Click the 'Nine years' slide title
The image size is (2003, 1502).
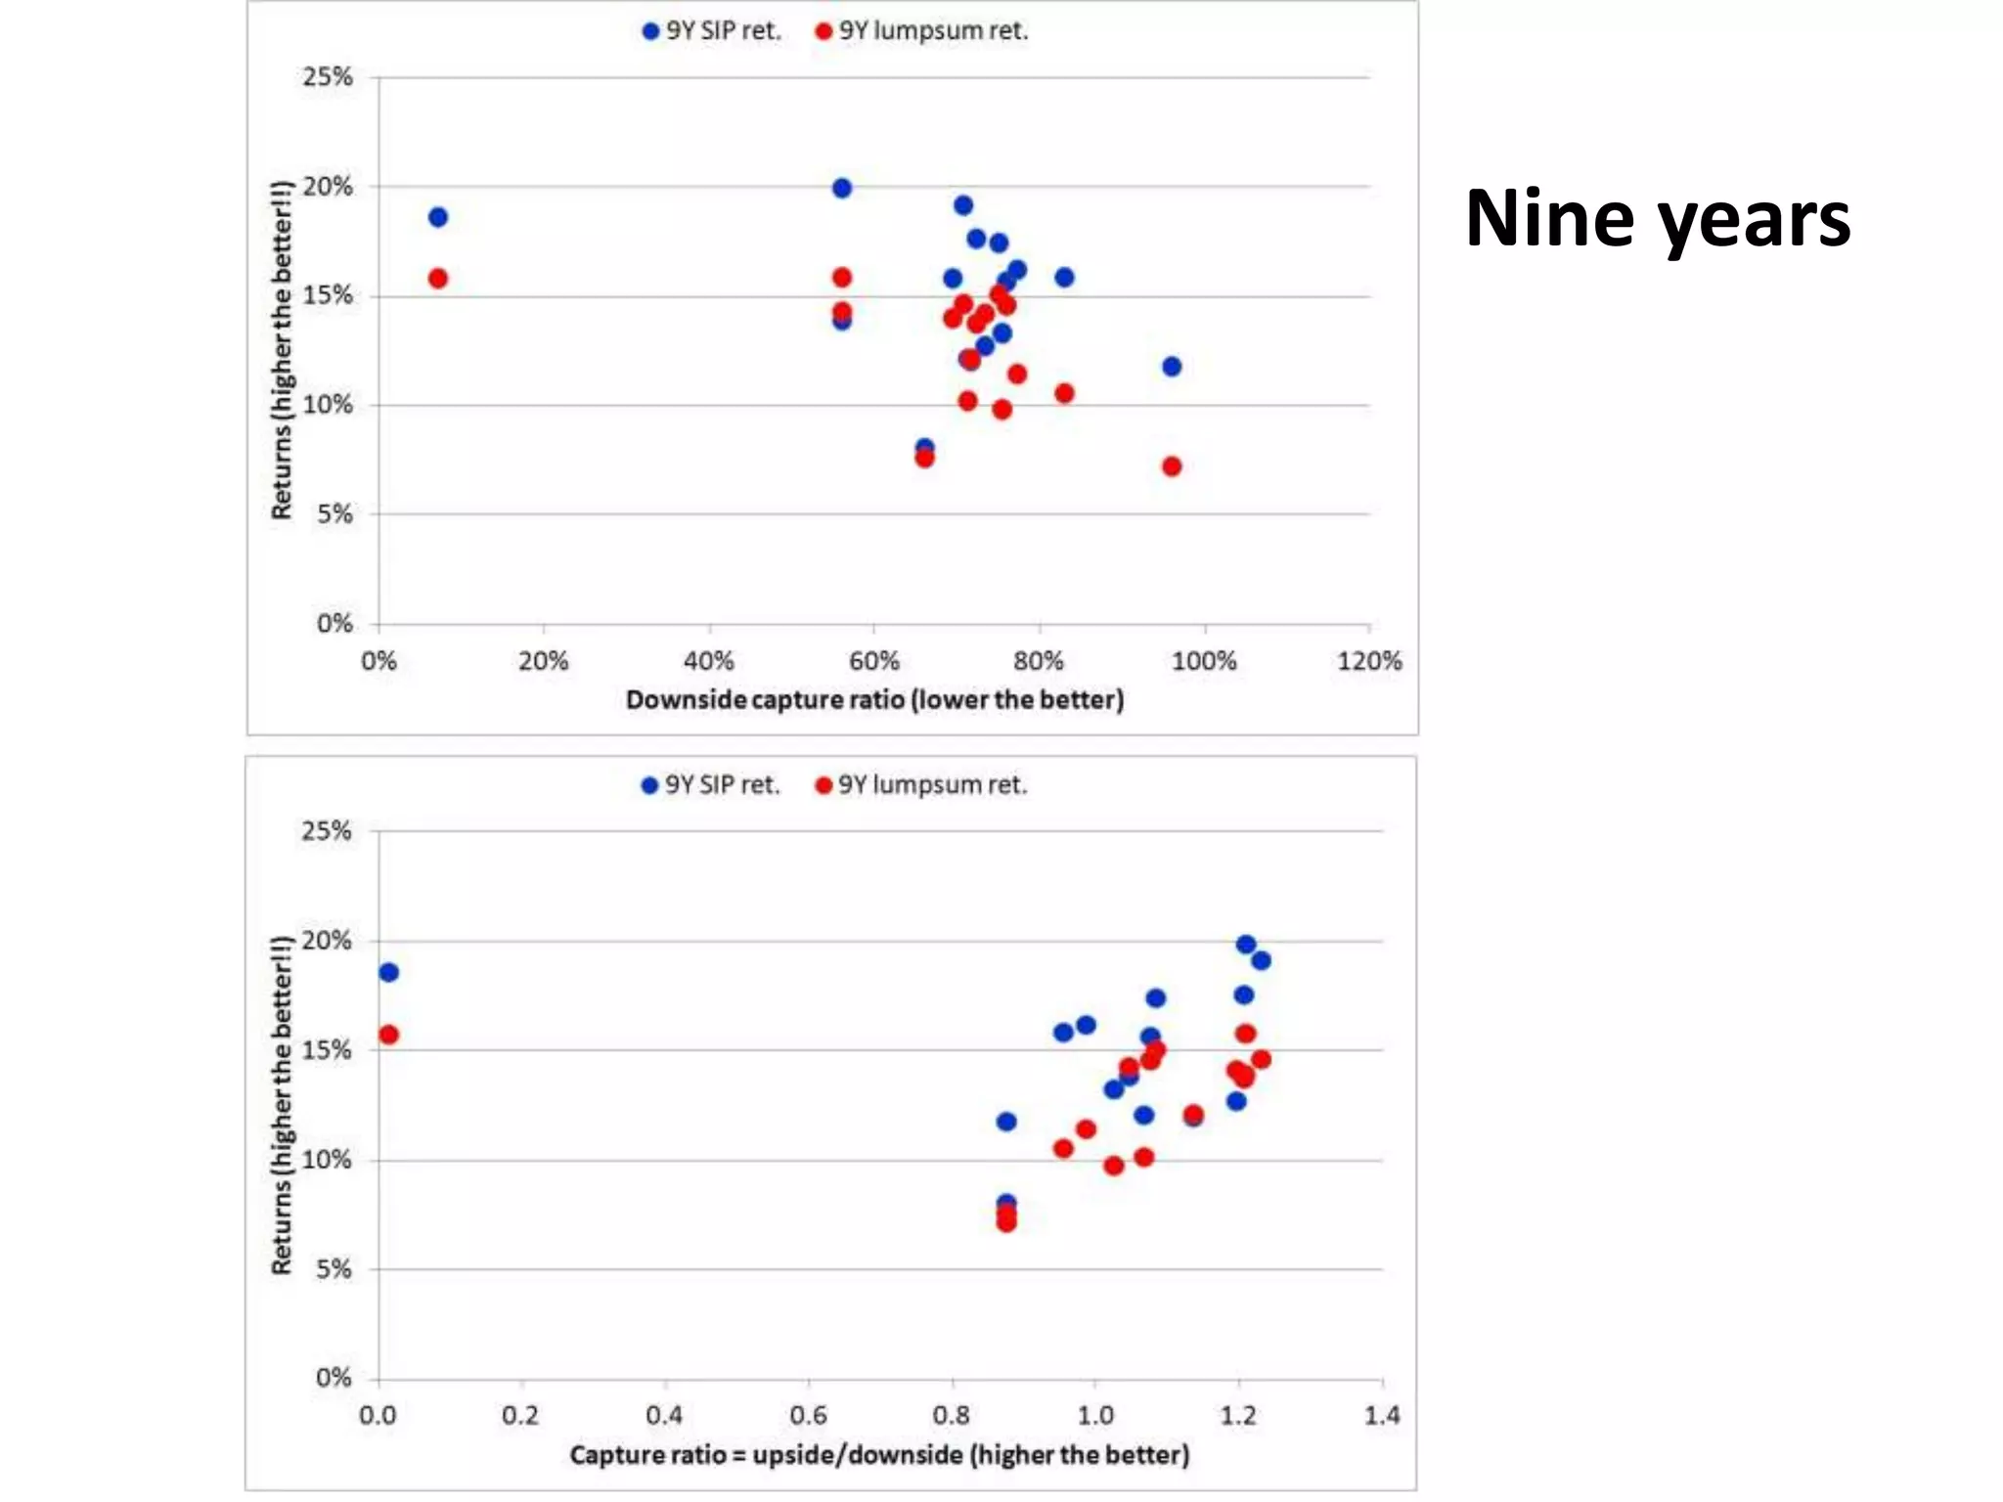(x=1657, y=219)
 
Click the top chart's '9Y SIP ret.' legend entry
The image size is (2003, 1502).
(x=712, y=31)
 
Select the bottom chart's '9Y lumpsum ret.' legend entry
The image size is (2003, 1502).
(x=921, y=785)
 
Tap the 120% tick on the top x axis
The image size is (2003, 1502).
(x=1368, y=662)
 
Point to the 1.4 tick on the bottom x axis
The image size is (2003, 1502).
(x=1381, y=1416)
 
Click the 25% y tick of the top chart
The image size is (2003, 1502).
(x=328, y=77)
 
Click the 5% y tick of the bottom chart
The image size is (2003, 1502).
(x=334, y=1269)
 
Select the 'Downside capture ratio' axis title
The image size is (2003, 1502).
(x=874, y=700)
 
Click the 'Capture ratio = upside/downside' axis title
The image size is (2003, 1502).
(x=879, y=1455)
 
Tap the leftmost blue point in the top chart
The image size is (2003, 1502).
(x=438, y=217)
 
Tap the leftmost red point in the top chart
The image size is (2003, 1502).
(x=438, y=279)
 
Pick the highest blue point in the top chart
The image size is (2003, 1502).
(x=842, y=188)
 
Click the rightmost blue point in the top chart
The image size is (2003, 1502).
(x=1172, y=367)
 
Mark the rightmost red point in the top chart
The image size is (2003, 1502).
(x=1172, y=466)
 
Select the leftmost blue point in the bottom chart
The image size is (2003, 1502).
(x=388, y=972)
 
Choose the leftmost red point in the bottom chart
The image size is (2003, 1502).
(x=388, y=1035)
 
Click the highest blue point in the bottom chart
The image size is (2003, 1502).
(x=1245, y=944)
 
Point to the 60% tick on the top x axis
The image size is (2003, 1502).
(x=873, y=662)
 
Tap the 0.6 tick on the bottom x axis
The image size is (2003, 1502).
(x=808, y=1416)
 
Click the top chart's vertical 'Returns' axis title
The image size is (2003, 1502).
(x=282, y=350)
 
